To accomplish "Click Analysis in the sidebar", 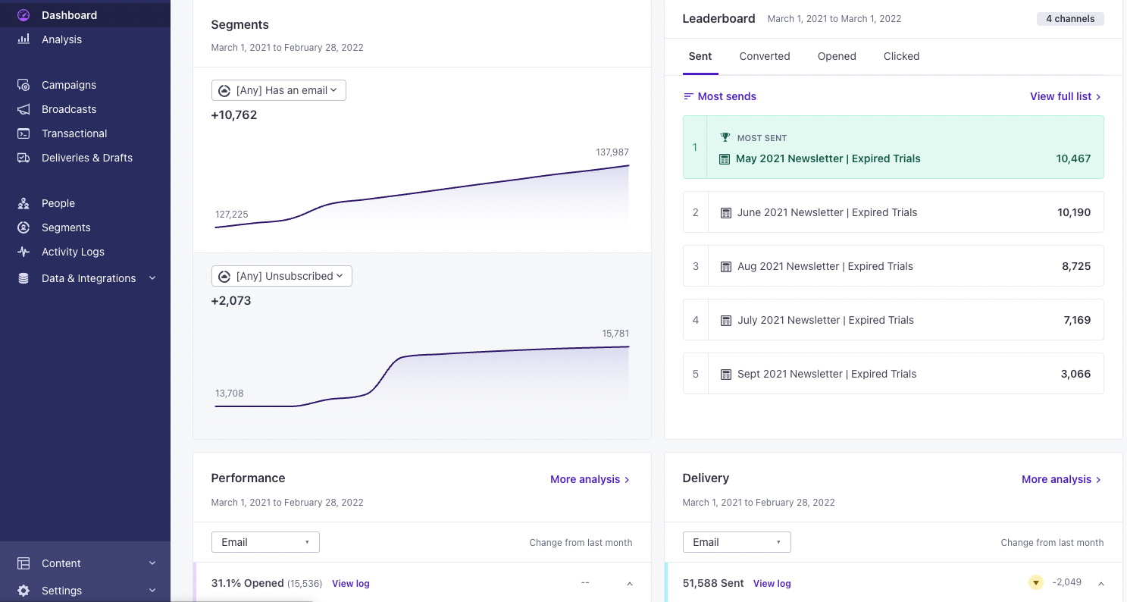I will pos(61,39).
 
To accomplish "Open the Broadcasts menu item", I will pos(69,109).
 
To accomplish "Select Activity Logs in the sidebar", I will pos(73,252).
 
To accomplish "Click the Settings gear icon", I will pos(23,591).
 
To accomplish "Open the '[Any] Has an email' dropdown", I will pos(279,90).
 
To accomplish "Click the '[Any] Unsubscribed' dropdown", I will pos(282,276).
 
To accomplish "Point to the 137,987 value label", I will pos(612,152).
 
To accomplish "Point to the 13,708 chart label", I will pos(230,393).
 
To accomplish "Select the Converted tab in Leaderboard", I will pos(764,56).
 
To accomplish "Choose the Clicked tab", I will pos(901,56).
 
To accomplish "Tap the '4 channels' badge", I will pos(1069,19).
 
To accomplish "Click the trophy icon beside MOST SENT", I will pos(725,138).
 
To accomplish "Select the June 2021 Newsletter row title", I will pos(827,212).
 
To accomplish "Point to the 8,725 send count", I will pos(1076,266).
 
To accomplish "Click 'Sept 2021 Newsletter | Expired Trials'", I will pos(826,374).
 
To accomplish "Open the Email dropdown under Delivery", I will pos(736,542).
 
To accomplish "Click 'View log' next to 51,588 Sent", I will pos(772,584).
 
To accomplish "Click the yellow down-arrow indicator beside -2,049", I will pos(1035,583).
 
